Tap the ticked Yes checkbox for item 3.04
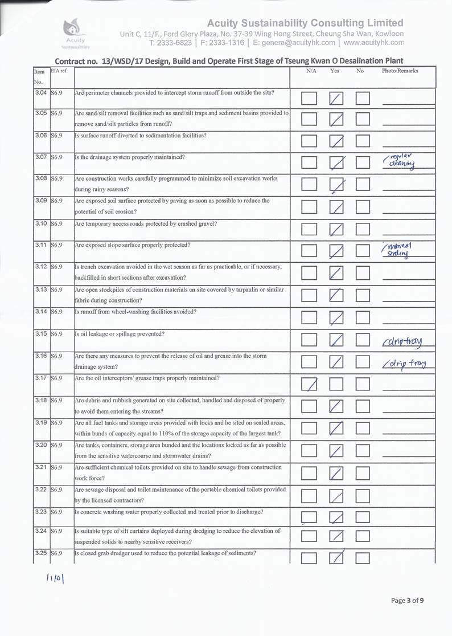click(337, 99)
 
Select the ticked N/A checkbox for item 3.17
click(309, 386)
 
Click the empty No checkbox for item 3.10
click(363, 230)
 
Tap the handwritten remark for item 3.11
click(400, 250)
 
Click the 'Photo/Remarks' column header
click(400, 71)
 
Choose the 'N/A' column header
click(311, 71)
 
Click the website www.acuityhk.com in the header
click(374, 42)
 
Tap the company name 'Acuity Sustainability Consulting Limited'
click(305, 23)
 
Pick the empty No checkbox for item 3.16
click(363, 361)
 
